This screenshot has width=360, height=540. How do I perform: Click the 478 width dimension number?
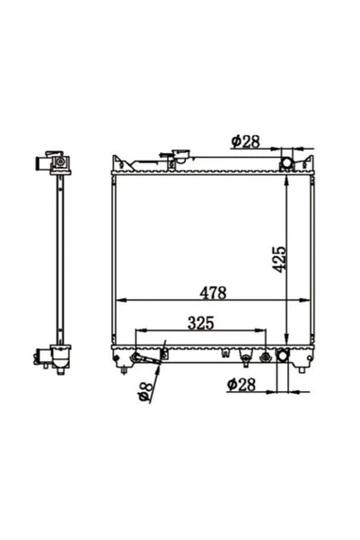(212, 293)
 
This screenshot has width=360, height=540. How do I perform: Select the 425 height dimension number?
(280, 259)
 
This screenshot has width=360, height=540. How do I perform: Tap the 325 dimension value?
(201, 323)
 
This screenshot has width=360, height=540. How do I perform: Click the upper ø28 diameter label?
(246, 141)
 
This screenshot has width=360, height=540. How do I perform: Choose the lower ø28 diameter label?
(242, 384)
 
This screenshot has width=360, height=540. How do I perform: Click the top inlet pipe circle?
(287, 162)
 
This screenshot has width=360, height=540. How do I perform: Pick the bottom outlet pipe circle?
(283, 355)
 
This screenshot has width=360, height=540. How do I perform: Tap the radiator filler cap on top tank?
(181, 155)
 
